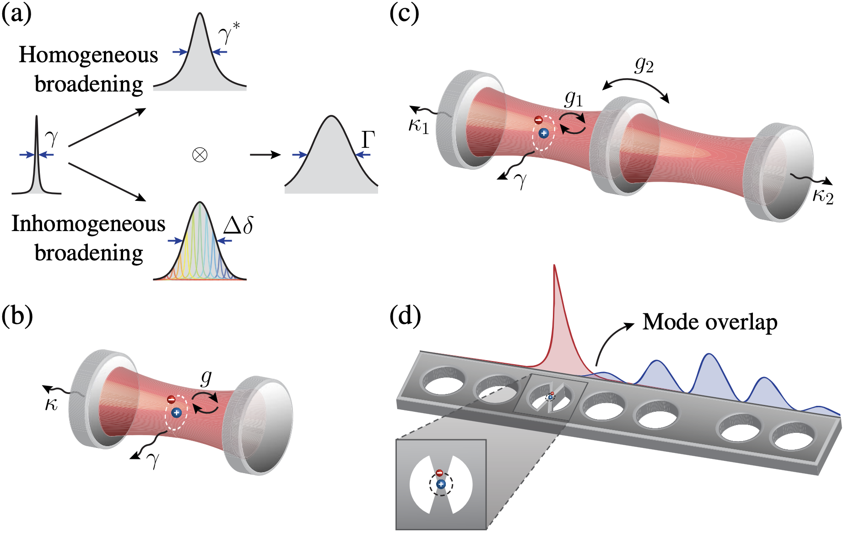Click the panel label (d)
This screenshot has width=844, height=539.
tap(405, 316)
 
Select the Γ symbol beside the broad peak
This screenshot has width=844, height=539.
tap(368, 140)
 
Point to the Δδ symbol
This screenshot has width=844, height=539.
tap(238, 225)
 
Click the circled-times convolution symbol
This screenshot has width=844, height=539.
tap(200, 155)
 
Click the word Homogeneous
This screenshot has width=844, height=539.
tap(88, 55)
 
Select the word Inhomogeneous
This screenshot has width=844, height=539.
tap(88, 224)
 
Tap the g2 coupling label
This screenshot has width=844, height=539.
tap(644, 65)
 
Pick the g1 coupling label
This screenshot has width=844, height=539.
tap(573, 98)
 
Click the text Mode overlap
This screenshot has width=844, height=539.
tap(709, 322)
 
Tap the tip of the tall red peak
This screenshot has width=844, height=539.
tap(554, 266)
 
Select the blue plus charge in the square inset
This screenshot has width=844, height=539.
tap(441, 484)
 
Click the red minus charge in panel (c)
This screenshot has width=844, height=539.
tap(539, 120)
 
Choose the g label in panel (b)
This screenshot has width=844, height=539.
tap(206, 377)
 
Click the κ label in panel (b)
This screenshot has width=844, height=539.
tap(51, 405)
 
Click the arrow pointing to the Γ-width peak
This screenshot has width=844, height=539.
tap(265, 155)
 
